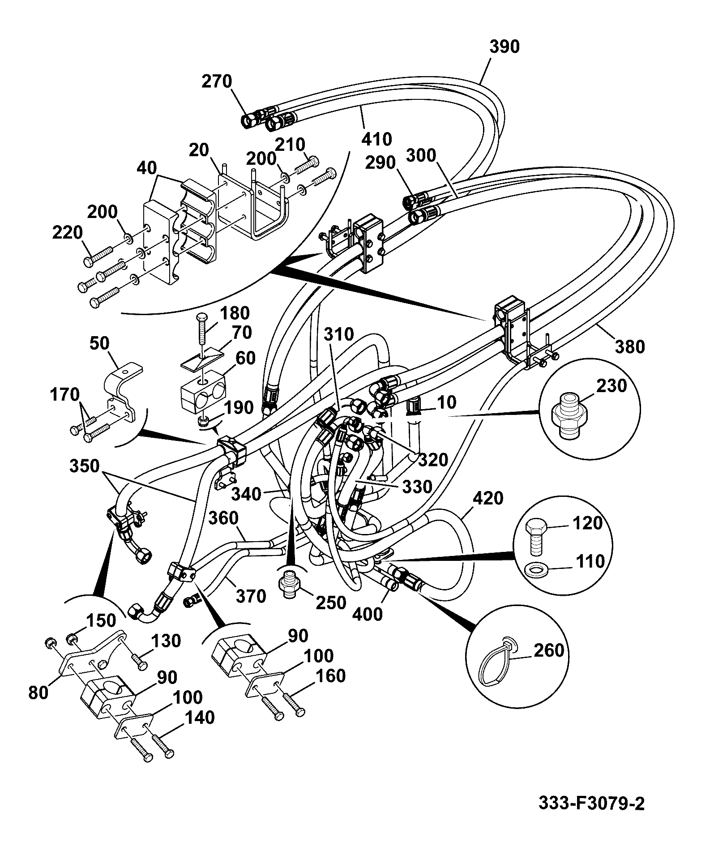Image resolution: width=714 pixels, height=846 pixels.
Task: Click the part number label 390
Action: coord(504,47)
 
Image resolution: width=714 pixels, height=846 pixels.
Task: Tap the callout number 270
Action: coord(217,81)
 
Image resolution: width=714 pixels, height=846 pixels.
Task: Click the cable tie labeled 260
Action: coord(499,664)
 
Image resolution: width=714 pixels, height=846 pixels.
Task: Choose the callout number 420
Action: coord(488,498)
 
